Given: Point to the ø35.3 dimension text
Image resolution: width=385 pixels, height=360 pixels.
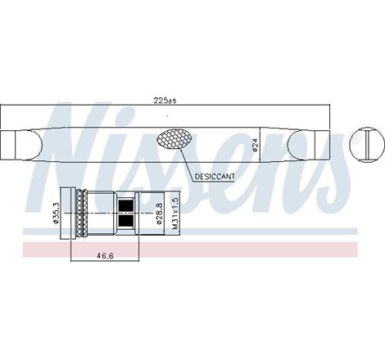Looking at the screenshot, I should pos(56,212).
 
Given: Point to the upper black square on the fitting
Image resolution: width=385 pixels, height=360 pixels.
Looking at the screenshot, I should pos(127,205).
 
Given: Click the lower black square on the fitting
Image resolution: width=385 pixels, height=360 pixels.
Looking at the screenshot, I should pos(127,220).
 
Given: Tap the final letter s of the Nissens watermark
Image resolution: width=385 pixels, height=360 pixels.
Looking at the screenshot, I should pos(332,180).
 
